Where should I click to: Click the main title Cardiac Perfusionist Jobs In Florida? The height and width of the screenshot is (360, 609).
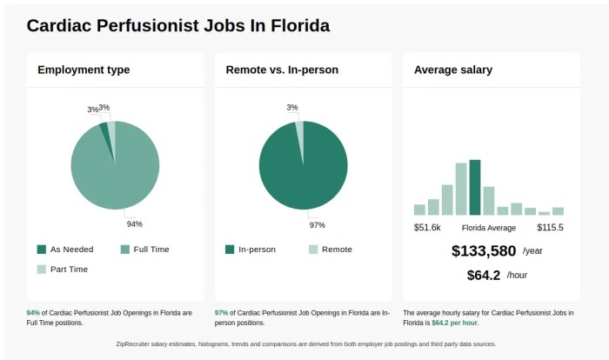178,25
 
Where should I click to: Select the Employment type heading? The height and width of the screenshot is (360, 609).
84,70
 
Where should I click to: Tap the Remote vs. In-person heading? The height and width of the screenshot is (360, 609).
282,70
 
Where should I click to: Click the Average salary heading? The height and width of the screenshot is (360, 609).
453,70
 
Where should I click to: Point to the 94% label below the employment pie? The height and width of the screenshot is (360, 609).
134,224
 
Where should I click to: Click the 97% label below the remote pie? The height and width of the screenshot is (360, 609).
317,225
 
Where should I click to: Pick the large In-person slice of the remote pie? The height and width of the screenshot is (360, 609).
304,170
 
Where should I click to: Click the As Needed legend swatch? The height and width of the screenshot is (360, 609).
42,250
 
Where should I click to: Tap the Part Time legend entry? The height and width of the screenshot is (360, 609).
69,270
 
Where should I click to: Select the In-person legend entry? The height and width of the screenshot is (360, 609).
257,250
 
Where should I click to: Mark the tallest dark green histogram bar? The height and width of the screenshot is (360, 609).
475,187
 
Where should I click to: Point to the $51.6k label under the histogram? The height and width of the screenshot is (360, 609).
427,228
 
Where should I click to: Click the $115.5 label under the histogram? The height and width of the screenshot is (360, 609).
550,228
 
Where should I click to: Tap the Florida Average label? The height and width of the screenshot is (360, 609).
488,228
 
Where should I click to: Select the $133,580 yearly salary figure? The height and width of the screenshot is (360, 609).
485,251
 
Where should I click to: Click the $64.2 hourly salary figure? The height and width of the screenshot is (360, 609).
484,276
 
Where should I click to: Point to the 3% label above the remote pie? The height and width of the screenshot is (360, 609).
292,108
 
